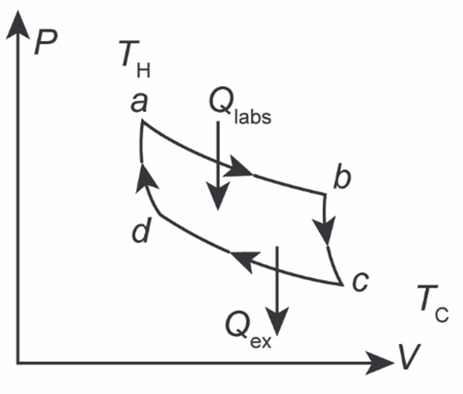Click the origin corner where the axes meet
point(19,362)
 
